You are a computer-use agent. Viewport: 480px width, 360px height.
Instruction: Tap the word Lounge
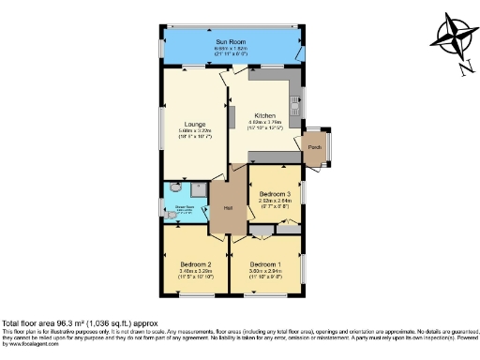click(x=195, y=123)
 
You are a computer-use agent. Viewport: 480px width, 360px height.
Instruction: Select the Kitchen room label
click(x=264, y=115)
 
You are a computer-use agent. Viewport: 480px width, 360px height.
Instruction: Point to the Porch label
click(x=314, y=146)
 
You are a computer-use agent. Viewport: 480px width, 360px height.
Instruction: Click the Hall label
click(x=228, y=208)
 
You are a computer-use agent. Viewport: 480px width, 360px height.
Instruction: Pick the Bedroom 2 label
click(x=195, y=264)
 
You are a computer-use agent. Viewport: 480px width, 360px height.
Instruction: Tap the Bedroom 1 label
click(x=266, y=264)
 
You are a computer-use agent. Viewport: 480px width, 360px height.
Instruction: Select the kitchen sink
click(x=297, y=97)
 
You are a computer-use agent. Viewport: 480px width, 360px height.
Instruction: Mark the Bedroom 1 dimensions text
click(x=266, y=274)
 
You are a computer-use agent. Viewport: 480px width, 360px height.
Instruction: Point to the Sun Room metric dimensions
click(x=232, y=49)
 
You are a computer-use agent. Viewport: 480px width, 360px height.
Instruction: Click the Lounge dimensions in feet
click(x=195, y=136)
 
